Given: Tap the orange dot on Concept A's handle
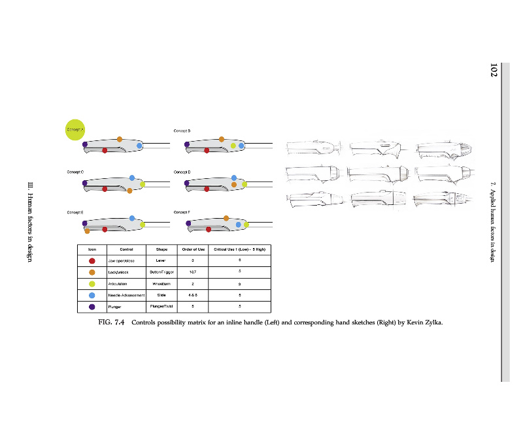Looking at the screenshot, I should click(120, 138).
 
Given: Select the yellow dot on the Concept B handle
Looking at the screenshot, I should click(233, 145).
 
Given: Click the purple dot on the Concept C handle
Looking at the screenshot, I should click(85, 183).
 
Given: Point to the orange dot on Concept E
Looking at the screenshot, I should click(87, 230).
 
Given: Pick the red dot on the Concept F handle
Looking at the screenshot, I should click(209, 229).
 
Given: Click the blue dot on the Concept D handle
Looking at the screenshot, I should click(234, 178).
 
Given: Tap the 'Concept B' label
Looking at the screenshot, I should click(182, 131).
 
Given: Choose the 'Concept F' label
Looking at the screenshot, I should click(182, 212).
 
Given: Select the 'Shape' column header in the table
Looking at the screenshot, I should click(161, 249).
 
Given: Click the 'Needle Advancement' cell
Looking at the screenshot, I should click(126, 295).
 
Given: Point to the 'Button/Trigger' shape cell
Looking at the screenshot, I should click(161, 272).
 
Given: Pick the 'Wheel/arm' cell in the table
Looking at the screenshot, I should click(161, 284).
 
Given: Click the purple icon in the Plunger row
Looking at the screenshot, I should click(92, 306).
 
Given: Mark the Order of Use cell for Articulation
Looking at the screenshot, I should click(193, 284).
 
